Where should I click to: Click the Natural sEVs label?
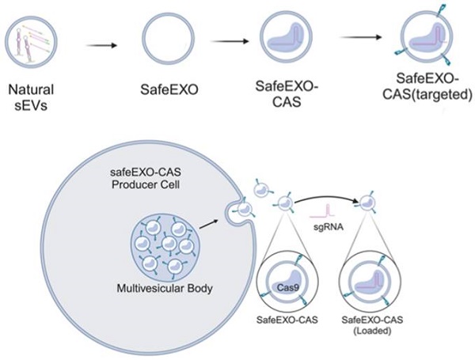click(x=31, y=98)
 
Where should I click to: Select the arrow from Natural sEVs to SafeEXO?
click(x=101, y=46)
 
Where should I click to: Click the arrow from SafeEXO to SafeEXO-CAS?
click(x=230, y=41)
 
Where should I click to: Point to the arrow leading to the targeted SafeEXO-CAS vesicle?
click(x=361, y=37)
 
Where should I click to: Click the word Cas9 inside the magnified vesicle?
click(x=287, y=287)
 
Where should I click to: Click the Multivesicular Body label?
click(x=165, y=288)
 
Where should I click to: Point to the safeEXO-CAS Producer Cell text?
click(x=146, y=178)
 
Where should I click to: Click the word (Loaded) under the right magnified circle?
click(x=372, y=331)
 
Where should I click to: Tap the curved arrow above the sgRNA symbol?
click(x=325, y=197)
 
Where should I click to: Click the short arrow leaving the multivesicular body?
click(x=208, y=223)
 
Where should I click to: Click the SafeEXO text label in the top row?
click(x=169, y=89)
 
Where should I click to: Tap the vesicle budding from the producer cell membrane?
click(x=245, y=209)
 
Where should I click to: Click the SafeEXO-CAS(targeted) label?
click(x=427, y=87)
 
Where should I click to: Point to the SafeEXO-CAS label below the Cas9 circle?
click(x=287, y=320)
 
